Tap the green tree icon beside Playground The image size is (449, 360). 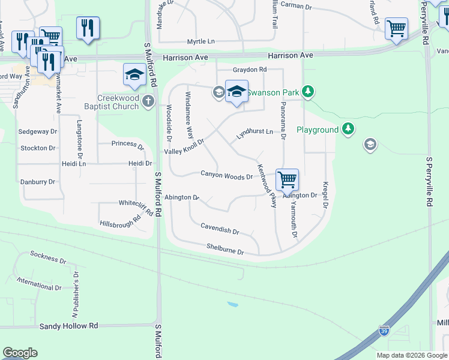click(348, 129)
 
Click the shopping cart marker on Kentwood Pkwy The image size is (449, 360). click(288, 179)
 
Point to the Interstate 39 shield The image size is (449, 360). click(384, 331)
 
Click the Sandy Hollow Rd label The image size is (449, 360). click(68, 326)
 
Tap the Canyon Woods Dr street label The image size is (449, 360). click(226, 176)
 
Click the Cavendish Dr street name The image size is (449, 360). click(220, 229)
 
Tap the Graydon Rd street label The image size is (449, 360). click(246, 70)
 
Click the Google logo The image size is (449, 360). click(20, 353)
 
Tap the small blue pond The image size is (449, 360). click(232, 304)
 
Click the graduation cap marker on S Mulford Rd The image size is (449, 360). click(134, 75)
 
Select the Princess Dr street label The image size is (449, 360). click(128, 145)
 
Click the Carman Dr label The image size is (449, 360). click(297, 7)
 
